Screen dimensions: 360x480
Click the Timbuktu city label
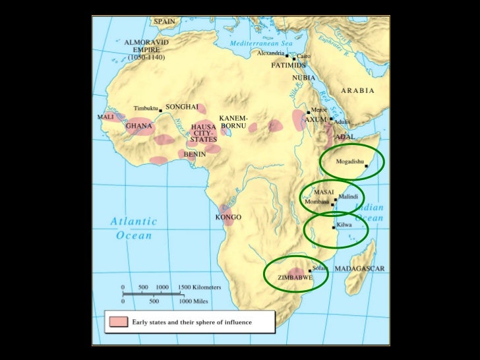point(145,108)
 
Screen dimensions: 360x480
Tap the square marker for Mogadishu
point(366,166)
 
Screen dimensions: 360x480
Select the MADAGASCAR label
point(359,269)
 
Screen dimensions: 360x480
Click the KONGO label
point(228,217)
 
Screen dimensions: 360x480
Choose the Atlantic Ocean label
point(134,228)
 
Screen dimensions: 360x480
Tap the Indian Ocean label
point(369,213)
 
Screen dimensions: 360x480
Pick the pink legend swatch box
point(119,322)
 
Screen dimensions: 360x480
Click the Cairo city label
point(303,57)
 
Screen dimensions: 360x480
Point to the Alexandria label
point(270,52)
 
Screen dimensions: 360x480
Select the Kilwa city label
point(344,225)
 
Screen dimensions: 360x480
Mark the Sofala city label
point(320,268)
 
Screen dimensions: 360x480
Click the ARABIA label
point(357,90)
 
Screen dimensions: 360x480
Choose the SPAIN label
point(165,22)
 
